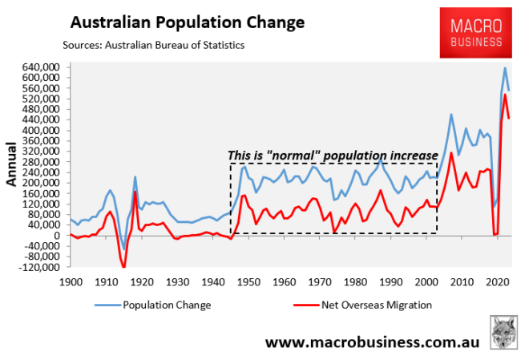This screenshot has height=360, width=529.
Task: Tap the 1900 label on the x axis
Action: [71, 282]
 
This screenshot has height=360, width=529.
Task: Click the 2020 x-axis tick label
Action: [496, 282]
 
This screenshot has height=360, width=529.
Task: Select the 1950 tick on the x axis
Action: [248, 282]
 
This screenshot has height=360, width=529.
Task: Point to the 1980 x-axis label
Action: [354, 282]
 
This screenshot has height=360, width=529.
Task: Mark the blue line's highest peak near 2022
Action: [505, 67]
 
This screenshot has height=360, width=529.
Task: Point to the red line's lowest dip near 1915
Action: [124, 267]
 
